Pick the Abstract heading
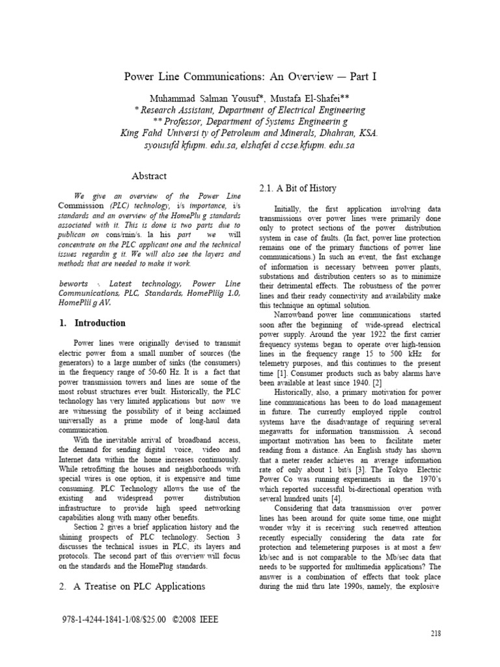tap(149, 176)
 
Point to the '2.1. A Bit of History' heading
tap(298, 188)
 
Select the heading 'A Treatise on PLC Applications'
tap(132, 586)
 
